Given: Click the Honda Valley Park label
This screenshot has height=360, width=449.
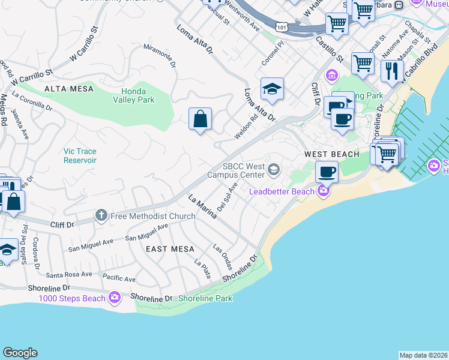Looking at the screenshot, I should tap(133, 95).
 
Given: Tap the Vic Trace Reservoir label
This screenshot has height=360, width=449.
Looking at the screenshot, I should tap(80, 156).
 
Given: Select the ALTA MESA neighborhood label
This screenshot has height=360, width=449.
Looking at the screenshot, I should tap(69, 89).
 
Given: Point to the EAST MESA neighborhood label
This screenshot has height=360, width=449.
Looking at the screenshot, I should tap(170, 249).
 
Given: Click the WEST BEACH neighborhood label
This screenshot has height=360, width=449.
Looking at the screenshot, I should tap(331, 154).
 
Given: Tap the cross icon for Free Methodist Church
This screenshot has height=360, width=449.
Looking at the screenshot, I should tap(101, 215).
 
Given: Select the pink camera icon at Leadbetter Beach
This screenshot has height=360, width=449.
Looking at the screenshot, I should tap(324, 191).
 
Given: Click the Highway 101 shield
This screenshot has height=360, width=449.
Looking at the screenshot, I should tap(282, 27).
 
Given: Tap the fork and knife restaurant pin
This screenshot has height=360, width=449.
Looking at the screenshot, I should tap(392, 70).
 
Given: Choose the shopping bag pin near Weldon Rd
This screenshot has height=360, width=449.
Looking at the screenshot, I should tap(200, 118).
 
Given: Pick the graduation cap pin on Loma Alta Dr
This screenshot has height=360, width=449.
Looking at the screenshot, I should tap(272, 89).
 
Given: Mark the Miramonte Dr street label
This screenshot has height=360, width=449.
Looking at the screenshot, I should tap(160, 56).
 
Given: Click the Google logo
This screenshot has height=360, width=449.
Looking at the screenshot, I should tap(20, 353).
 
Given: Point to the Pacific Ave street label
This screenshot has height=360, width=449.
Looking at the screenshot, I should tap(119, 278).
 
